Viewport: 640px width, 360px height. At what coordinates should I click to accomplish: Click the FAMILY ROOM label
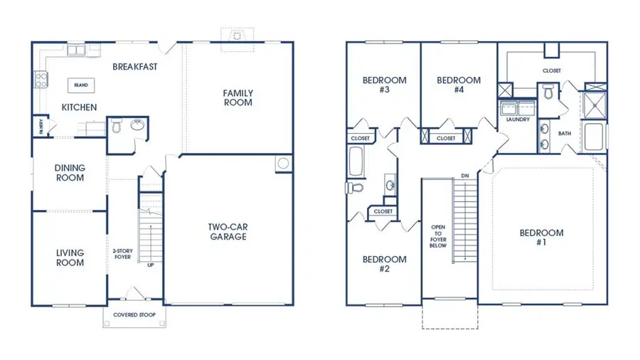[x=238, y=97]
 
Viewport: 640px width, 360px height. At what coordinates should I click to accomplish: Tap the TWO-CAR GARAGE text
[x=228, y=232]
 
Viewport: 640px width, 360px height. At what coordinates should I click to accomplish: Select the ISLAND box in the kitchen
[x=82, y=85]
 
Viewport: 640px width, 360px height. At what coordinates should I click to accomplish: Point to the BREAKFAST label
[x=134, y=67]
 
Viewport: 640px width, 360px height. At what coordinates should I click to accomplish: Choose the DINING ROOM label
[x=70, y=173]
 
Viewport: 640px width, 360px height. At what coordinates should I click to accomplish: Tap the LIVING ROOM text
[x=70, y=258]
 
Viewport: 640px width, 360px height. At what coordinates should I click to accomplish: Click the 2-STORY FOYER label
[x=122, y=254]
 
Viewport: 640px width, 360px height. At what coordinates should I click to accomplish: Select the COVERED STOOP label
[x=134, y=314]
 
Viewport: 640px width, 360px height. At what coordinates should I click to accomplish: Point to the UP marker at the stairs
[x=150, y=265]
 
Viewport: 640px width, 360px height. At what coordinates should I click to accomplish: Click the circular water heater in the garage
[x=283, y=164]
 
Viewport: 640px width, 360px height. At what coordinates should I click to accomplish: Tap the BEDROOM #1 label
[x=541, y=238]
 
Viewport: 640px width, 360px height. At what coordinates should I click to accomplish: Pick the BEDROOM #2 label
[x=384, y=264]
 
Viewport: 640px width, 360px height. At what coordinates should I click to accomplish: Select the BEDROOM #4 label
[x=458, y=85]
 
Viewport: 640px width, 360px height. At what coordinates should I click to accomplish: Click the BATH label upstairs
[x=565, y=133]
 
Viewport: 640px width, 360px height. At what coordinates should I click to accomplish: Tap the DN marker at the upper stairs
[x=464, y=175]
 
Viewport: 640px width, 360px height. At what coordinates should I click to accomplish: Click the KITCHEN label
[x=79, y=107]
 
